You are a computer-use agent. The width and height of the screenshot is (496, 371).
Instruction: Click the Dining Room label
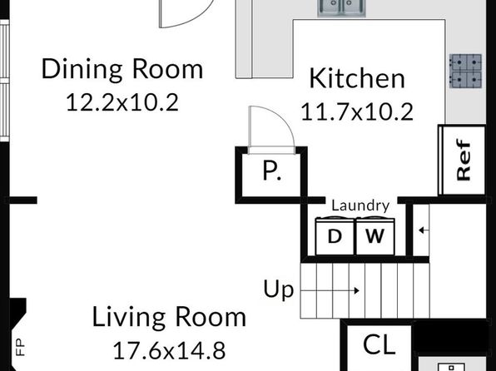click(x=122, y=69)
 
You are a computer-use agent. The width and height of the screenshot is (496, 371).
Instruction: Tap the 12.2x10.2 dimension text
click(x=122, y=102)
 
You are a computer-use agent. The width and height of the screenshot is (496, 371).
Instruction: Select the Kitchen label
click(x=357, y=78)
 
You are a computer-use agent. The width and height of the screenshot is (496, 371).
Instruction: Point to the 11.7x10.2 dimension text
click(x=357, y=112)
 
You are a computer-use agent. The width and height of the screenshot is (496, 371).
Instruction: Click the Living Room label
click(x=169, y=316)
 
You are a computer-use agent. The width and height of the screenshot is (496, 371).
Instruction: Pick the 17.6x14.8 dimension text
click(x=169, y=350)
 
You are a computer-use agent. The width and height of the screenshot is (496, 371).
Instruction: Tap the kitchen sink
click(x=342, y=7)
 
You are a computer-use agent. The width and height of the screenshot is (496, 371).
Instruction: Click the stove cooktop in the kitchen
click(x=466, y=71)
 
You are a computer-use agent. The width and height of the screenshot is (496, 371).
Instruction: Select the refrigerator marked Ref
click(x=462, y=160)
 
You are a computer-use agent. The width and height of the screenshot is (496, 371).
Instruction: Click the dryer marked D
click(x=335, y=236)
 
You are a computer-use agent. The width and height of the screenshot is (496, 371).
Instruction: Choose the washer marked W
click(x=375, y=236)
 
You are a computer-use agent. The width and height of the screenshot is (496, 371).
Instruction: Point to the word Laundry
click(x=360, y=206)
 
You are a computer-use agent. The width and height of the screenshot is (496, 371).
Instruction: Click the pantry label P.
click(x=272, y=171)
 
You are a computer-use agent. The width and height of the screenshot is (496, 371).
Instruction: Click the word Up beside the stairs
click(x=278, y=289)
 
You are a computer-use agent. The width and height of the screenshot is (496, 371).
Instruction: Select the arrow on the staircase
click(x=330, y=290)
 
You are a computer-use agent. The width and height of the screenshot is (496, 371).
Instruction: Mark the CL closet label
click(x=379, y=344)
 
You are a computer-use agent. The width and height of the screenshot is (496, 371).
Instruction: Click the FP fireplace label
click(x=20, y=347)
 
